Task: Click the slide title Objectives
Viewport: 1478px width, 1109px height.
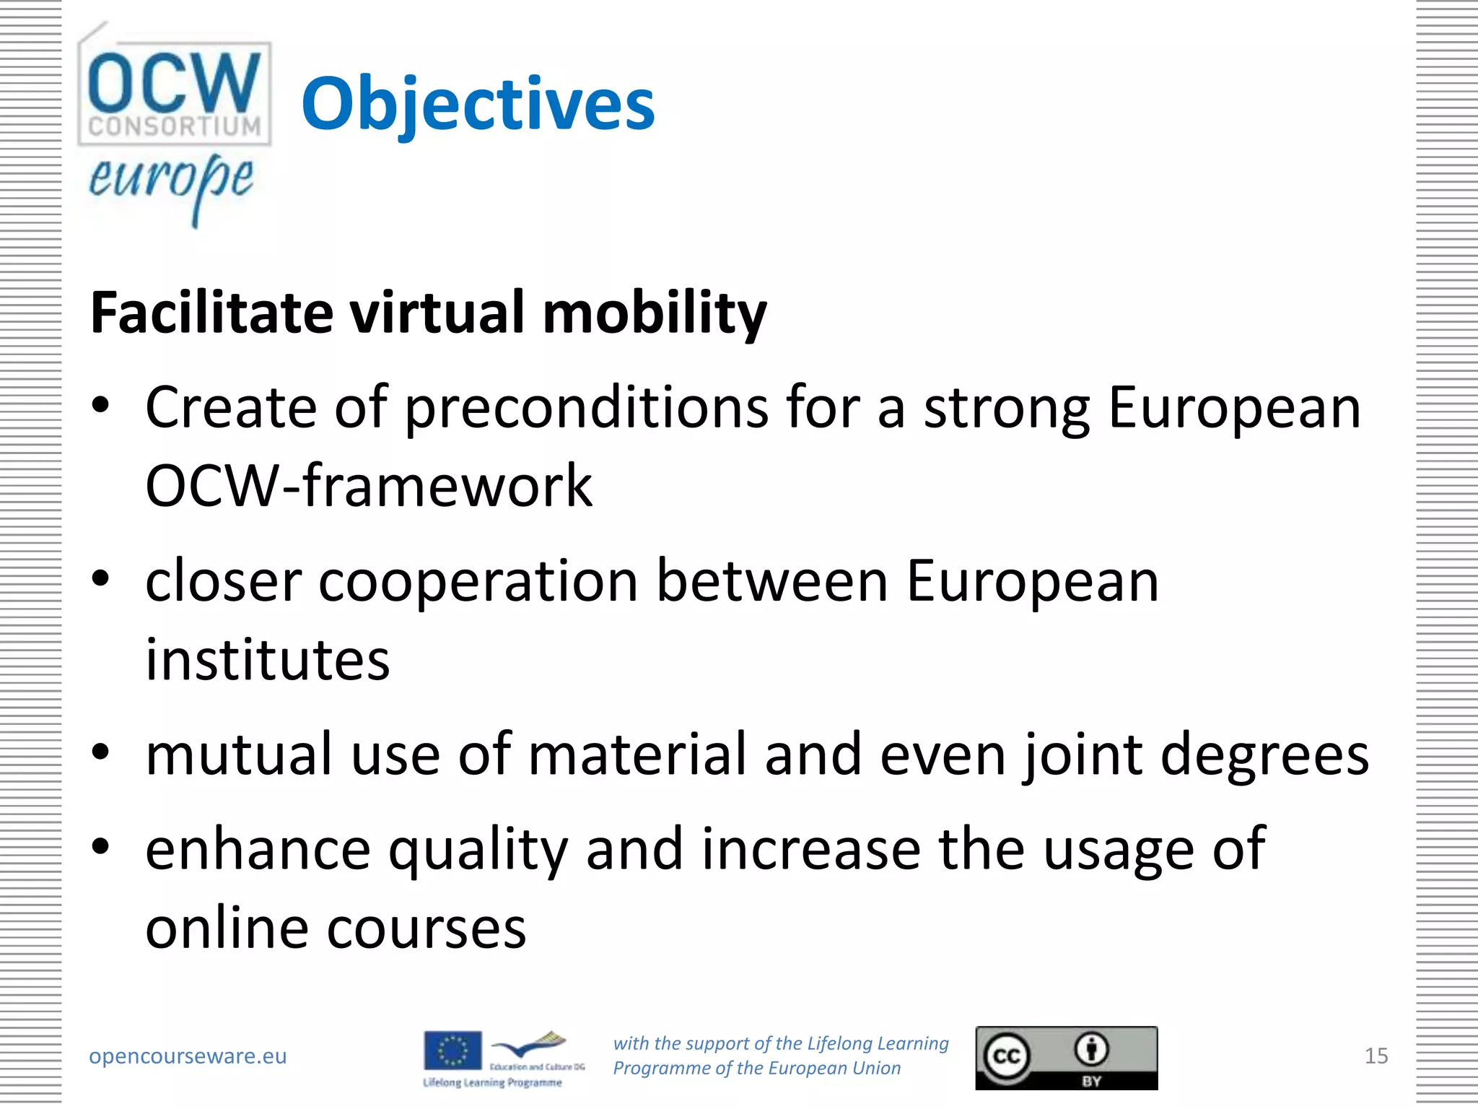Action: point(478,105)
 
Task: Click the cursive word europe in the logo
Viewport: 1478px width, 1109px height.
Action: point(171,179)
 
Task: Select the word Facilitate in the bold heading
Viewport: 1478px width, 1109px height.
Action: point(211,313)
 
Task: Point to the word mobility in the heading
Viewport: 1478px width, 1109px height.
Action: point(654,313)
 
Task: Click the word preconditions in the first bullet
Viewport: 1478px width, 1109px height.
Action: point(586,409)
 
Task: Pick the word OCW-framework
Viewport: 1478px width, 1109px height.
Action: point(369,486)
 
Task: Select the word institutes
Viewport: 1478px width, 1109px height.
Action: point(268,660)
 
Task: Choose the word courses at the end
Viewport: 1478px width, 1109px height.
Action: point(427,928)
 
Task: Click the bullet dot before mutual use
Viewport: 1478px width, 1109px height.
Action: point(101,752)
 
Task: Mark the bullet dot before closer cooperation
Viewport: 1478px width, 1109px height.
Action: point(101,578)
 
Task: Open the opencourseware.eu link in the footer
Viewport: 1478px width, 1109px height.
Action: point(188,1056)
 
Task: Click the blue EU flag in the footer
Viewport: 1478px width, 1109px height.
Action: point(452,1051)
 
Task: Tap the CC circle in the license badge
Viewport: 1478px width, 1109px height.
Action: point(1006,1057)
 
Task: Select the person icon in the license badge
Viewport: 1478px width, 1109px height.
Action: point(1092,1049)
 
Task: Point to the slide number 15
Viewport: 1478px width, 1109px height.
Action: point(1376,1056)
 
